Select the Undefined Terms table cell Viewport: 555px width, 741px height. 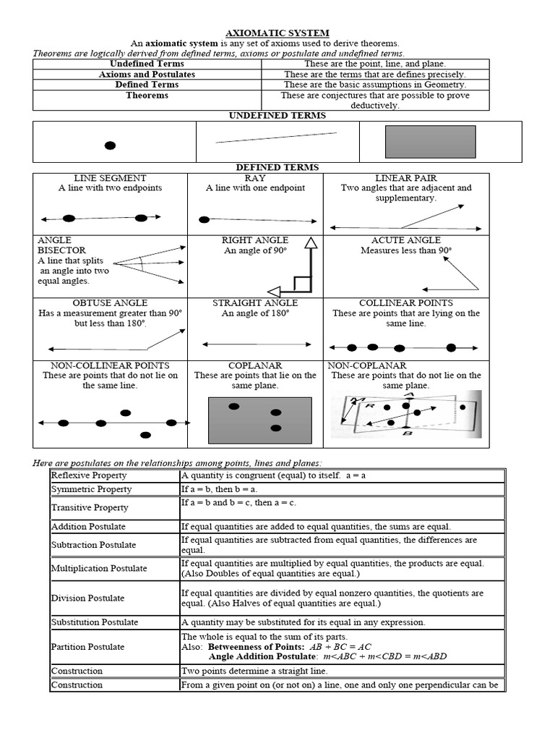pyautogui.click(x=147, y=64)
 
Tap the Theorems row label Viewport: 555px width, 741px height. pyautogui.click(x=147, y=95)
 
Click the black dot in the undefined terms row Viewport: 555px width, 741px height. pyautogui.click(x=110, y=145)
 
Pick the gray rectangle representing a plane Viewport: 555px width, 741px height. pyautogui.click(x=430, y=141)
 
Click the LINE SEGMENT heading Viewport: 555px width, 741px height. pyautogui.click(x=110, y=178)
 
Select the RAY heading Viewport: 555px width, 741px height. pyautogui.click(x=255, y=178)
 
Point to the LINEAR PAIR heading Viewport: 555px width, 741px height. pyautogui.click(x=405, y=178)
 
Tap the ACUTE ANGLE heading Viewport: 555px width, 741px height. pyautogui.click(x=405, y=240)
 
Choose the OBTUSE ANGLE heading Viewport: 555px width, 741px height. pyautogui.click(x=110, y=303)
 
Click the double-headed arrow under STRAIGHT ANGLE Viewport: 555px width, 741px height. pyautogui.click(x=255, y=344)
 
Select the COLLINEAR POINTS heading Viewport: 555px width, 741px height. pyautogui.click(x=405, y=303)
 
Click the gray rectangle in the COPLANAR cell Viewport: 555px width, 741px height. pyautogui.click(x=255, y=420)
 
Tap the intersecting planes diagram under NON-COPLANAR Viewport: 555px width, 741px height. pyautogui.click(x=406, y=415)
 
